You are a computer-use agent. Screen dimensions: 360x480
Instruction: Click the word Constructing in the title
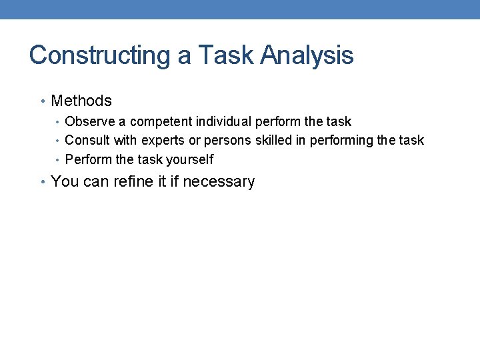tap(100, 55)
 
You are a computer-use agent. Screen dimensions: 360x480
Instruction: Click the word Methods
tap(81, 101)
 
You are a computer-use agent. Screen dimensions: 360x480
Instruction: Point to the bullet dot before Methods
tap(43, 102)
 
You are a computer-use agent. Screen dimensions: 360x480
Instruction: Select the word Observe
tap(90, 122)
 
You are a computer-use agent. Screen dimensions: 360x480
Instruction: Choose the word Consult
tap(88, 141)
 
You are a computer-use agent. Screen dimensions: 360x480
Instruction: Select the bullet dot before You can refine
tap(43, 182)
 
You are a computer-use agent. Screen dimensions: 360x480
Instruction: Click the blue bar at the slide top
tap(240, 9)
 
